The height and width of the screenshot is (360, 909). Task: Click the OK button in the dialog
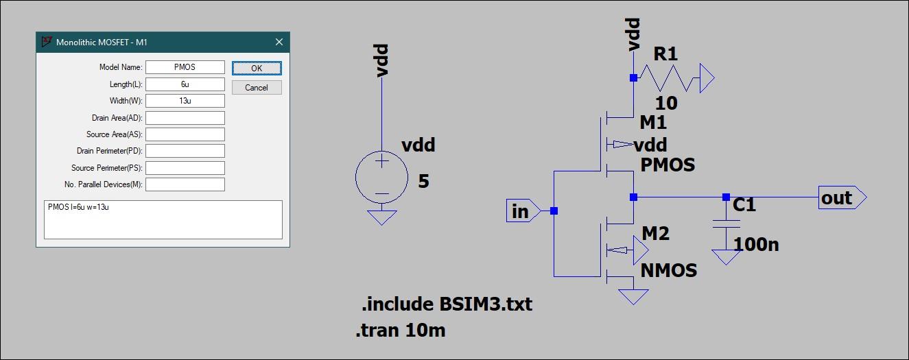257,68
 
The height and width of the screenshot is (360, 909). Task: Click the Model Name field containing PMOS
185,67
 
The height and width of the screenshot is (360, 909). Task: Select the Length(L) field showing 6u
185,84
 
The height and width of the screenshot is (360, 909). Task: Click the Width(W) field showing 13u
185,101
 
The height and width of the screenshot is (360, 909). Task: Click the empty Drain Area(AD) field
185,118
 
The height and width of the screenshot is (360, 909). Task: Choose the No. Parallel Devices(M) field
185,184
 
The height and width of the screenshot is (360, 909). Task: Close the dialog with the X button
279,42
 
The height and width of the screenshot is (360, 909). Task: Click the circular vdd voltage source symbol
381,178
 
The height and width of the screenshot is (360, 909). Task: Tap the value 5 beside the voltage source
424,182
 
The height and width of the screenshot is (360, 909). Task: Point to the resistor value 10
665,104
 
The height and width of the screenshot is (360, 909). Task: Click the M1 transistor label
653,123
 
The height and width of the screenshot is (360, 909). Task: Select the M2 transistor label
654,234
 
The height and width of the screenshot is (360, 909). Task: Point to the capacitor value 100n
756,244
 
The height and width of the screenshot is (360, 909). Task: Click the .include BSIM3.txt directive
447,304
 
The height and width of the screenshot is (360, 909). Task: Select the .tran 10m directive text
401,331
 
